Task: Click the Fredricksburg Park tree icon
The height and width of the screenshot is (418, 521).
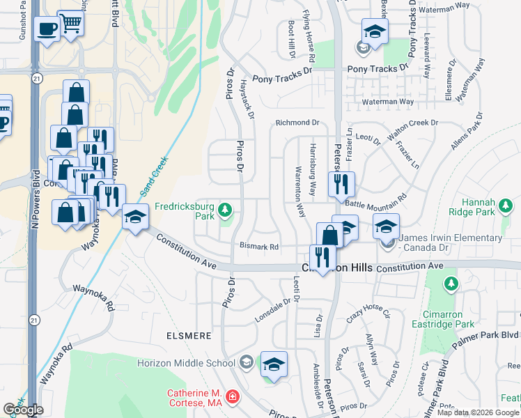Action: pos(224,208)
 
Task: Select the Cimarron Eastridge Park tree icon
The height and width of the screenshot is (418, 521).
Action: pos(451,283)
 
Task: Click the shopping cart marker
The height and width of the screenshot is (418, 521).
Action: pos(70,24)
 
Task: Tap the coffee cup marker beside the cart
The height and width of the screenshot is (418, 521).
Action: pos(47,29)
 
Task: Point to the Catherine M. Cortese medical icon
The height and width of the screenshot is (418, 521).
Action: pos(232,398)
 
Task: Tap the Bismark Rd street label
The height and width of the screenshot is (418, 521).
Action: pos(259,247)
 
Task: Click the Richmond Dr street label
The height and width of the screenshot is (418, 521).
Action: pos(297,123)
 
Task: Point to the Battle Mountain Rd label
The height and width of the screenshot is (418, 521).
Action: pos(376,200)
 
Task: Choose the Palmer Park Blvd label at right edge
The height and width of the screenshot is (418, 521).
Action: pos(488,336)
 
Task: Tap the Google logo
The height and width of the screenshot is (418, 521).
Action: pos(22,410)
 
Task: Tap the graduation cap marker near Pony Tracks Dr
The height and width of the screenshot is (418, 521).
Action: pos(375,31)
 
